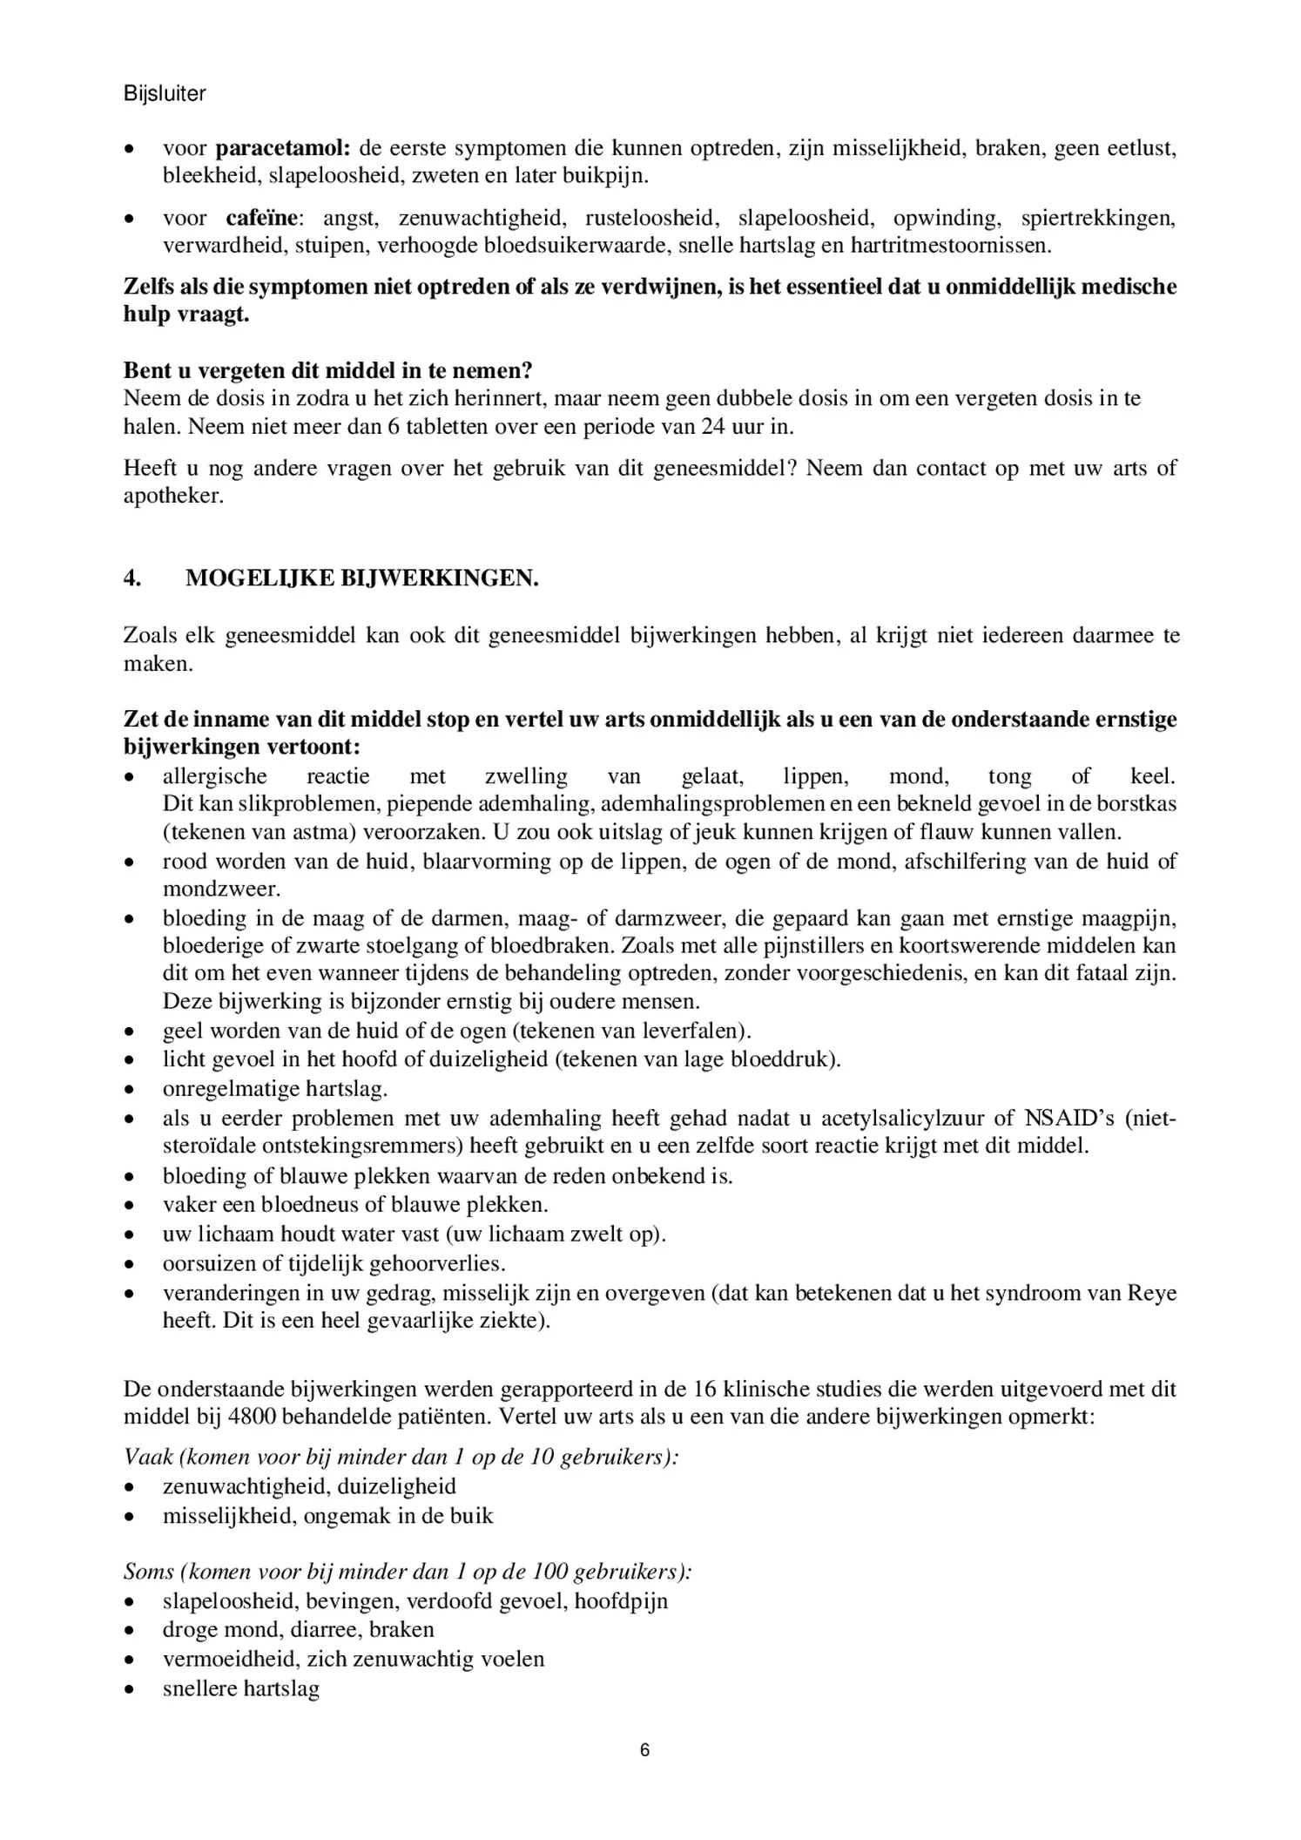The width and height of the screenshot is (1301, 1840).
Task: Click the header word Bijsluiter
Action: pos(165,94)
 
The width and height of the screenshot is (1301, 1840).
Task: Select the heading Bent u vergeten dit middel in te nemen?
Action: pos(327,370)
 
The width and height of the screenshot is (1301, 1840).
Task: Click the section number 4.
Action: pos(132,578)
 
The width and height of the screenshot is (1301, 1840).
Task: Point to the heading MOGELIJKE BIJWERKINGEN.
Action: pos(361,578)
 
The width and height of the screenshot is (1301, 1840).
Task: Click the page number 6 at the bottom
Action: pos(644,1750)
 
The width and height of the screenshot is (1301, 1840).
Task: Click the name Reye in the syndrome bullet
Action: pos(1151,1293)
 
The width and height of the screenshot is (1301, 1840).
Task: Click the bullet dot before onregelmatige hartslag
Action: pos(130,1089)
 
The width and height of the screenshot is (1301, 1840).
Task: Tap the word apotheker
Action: pos(173,497)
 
